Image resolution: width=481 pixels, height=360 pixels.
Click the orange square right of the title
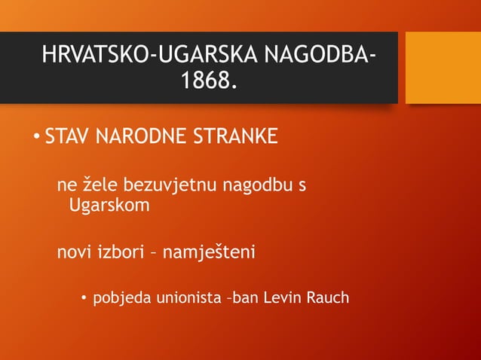click(443, 68)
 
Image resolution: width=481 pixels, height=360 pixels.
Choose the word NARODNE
click(143, 137)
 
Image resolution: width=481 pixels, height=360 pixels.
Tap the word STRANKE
click(237, 137)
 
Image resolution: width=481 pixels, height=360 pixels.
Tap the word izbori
click(121, 252)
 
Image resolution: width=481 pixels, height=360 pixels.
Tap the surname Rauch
click(327, 297)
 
